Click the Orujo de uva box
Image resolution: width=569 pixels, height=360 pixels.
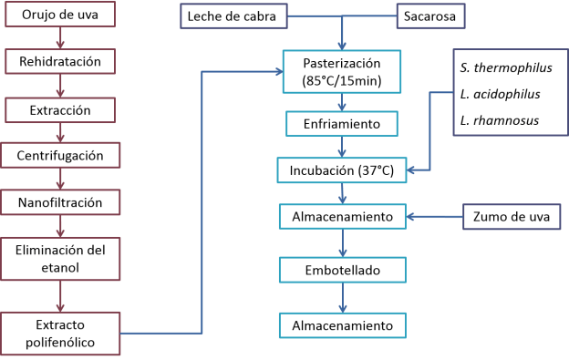pos(60,15)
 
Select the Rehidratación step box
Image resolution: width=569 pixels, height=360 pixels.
pos(60,62)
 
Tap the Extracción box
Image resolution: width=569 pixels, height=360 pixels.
pos(60,108)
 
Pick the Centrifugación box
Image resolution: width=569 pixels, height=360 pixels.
pos(60,156)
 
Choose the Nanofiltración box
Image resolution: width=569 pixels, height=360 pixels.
pos(60,202)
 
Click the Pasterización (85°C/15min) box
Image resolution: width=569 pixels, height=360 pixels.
pos(342,73)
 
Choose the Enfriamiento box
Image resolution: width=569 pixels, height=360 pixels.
pos(342,122)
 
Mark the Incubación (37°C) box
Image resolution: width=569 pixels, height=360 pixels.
pos(342,170)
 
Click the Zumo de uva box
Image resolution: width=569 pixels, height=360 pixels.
pos(512,217)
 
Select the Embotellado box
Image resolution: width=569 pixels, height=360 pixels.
pos(342,271)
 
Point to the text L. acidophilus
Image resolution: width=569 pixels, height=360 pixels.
pos(501,94)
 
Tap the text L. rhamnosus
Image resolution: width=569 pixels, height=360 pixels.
pos(500,119)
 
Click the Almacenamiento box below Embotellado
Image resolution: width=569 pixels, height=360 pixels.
pos(342,324)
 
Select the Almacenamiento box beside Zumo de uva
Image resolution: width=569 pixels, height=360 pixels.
pos(342,217)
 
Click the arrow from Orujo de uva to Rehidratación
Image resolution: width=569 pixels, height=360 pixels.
pos(60,39)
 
